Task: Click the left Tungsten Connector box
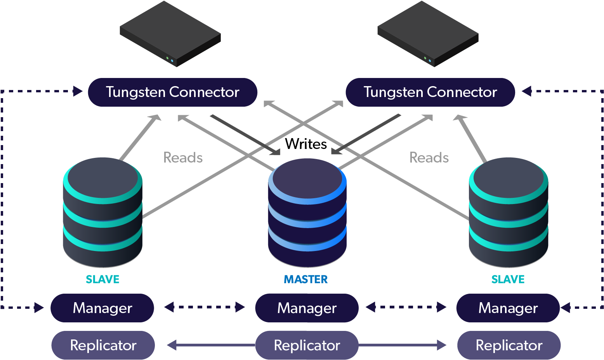click(x=172, y=92)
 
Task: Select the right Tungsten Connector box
click(x=430, y=92)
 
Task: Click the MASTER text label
click(x=306, y=279)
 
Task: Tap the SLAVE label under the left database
click(x=102, y=279)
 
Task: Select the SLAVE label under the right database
click(x=508, y=279)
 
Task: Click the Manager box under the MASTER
click(x=307, y=308)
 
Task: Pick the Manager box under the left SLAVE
click(x=102, y=308)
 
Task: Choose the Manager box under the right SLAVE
click(x=508, y=308)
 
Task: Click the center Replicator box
click(x=307, y=345)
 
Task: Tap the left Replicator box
click(x=103, y=345)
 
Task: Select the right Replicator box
click(x=509, y=345)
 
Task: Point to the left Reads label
click(x=183, y=157)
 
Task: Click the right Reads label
click(x=429, y=157)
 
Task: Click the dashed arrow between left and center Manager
click(x=205, y=307)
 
